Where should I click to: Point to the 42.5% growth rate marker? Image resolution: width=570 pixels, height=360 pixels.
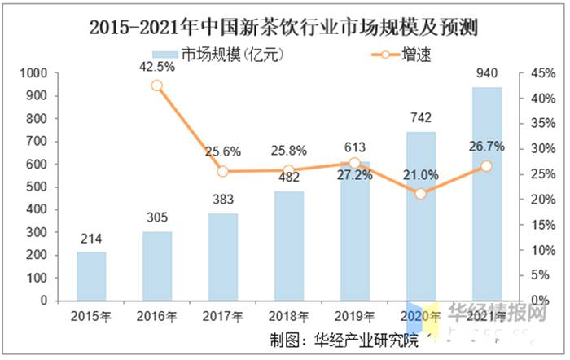tap(156, 86)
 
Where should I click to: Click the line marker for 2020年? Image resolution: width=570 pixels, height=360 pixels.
tap(420, 194)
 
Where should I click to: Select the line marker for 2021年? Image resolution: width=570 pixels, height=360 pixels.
tap(486, 165)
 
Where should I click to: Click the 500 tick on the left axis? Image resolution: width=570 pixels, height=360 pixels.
tap(37, 187)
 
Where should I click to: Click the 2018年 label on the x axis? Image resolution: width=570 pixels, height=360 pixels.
tap(288, 316)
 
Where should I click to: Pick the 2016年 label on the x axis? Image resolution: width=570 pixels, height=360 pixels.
tap(156, 316)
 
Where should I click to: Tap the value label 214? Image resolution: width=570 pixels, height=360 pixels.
tap(91, 240)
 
